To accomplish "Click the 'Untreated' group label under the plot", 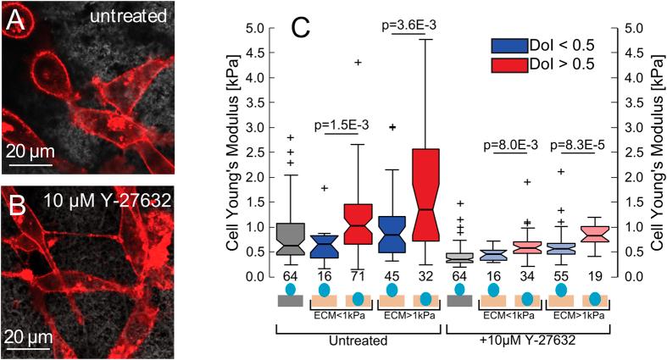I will (360, 341).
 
